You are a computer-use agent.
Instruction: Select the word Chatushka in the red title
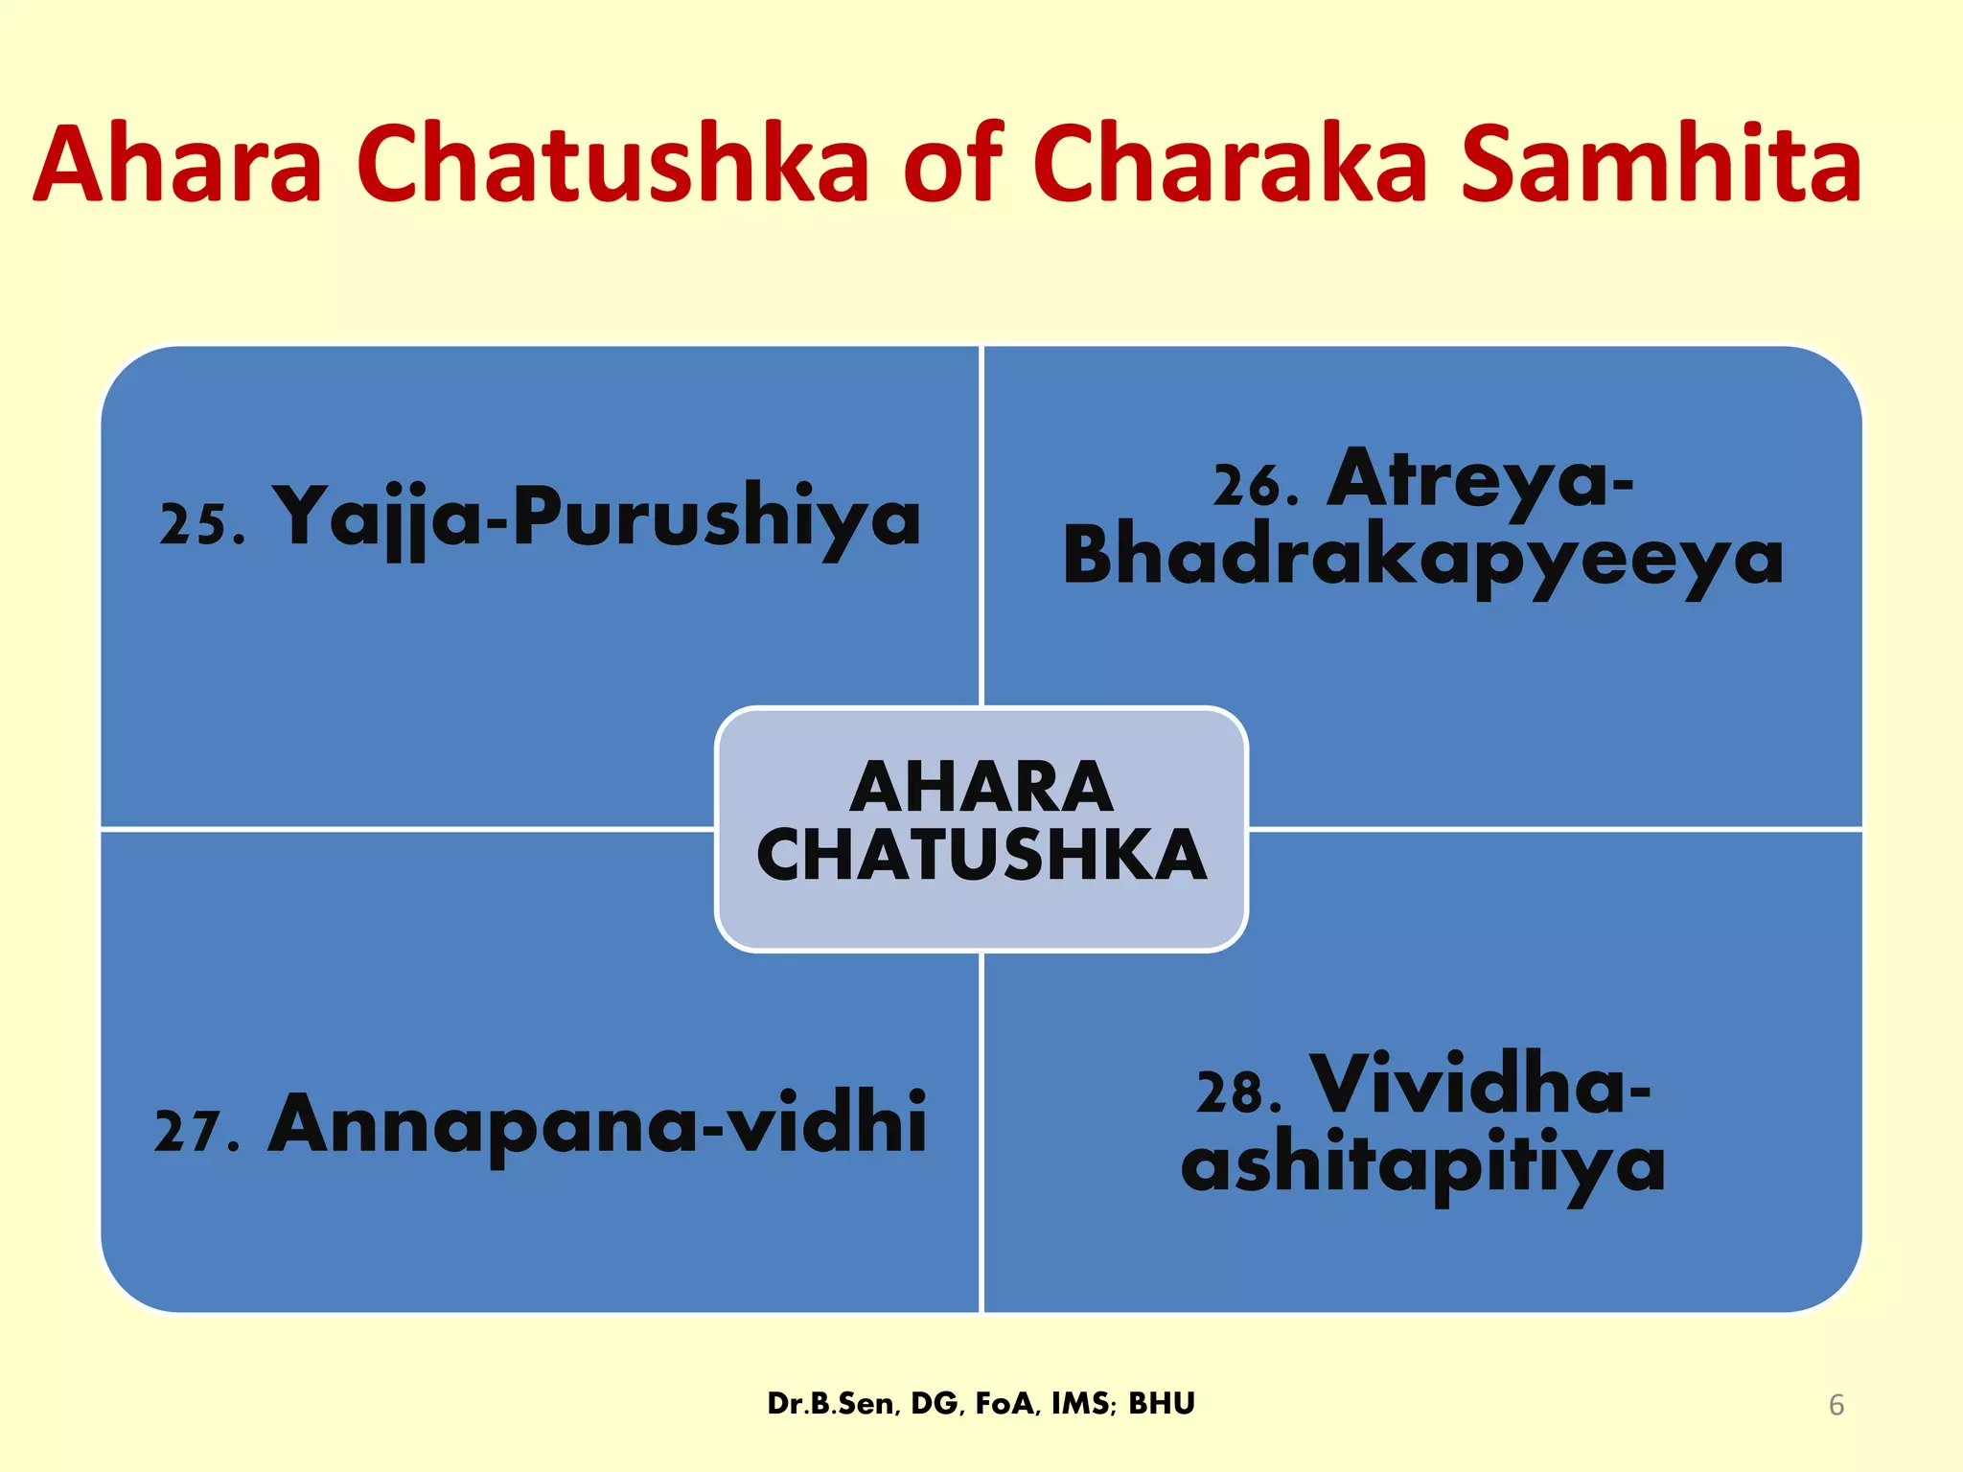(613, 165)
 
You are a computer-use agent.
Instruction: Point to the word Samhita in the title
(1662, 165)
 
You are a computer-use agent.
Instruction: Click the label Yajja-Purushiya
(596, 518)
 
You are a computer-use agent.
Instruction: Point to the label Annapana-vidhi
(596, 1124)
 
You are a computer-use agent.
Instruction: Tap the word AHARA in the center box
(981, 788)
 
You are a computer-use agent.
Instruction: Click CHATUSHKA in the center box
(981, 856)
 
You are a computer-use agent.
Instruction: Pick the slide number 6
(1836, 1405)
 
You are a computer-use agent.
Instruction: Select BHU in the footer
(1161, 1404)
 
